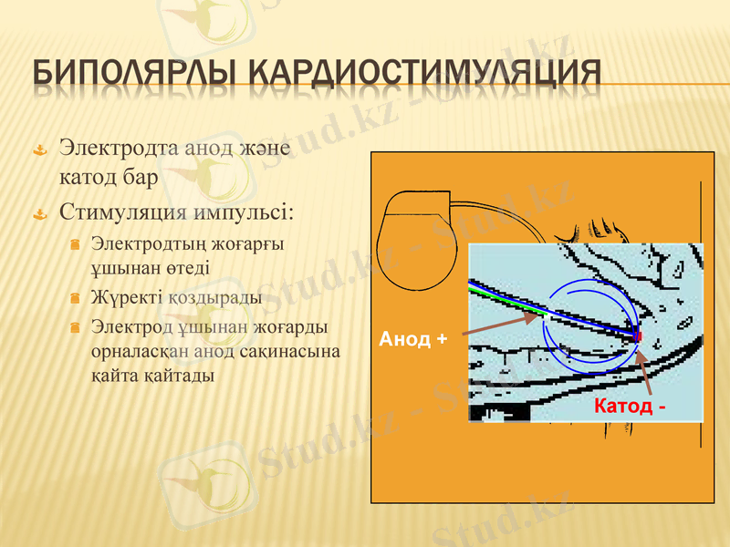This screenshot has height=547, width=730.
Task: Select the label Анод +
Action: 412,339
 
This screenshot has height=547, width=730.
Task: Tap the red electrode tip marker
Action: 638,336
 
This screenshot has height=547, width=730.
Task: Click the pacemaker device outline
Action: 416,237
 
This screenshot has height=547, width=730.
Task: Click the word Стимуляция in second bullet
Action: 122,213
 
